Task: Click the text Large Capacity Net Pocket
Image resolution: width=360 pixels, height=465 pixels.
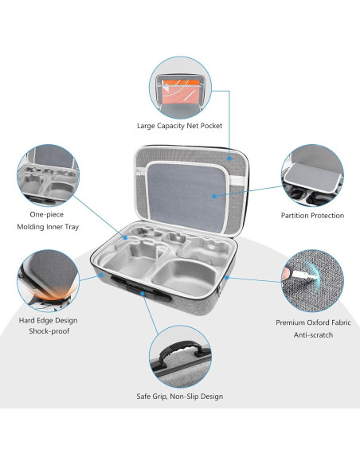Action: tap(179, 126)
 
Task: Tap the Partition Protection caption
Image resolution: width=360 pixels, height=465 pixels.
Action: tap(312, 216)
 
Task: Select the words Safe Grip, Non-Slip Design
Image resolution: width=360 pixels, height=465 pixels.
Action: tap(180, 397)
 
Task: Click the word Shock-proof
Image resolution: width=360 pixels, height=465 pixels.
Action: tap(49, 331)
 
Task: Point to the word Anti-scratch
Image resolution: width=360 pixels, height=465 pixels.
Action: tap(313, 334)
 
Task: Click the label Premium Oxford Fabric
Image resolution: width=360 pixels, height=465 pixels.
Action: tap(313, 322)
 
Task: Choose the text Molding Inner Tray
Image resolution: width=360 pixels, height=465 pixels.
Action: tap(48, 227)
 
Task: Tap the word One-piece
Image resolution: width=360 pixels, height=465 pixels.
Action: tap(46, 214)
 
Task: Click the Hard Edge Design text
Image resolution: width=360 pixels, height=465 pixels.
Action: tap(48, 320)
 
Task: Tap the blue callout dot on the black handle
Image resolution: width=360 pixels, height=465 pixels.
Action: tap(143, 293)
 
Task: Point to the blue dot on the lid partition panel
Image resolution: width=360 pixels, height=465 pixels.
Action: tap(214, 196)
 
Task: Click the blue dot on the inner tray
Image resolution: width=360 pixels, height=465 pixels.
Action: tap(125, 238)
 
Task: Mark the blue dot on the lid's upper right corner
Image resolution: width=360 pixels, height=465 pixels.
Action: tap(229, 158)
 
